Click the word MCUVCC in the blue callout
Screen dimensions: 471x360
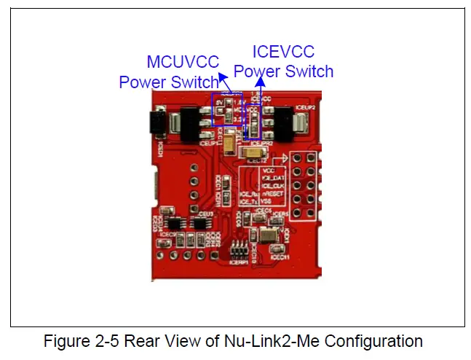tap(182, 62)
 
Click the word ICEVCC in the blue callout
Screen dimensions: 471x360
tap(283, 52)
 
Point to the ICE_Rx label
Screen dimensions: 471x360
tap(247, 194)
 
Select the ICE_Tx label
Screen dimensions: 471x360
tap(247, 201)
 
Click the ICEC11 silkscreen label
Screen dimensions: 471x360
tap(280, 257)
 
